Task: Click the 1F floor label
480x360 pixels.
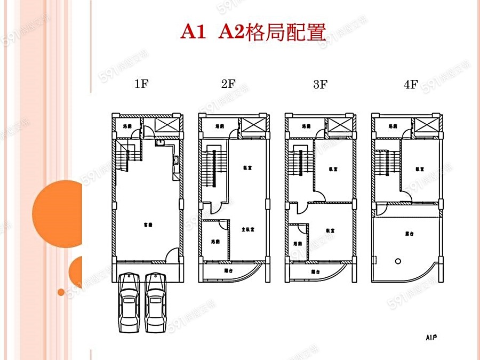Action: pyautogui.click(x=141, y=84)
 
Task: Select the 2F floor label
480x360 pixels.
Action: pyautogui.click(x=228, y=84)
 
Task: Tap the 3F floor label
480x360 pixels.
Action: pyautogui.click(x=320, y=84)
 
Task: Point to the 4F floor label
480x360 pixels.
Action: pyautogui.click(x=411, y=84)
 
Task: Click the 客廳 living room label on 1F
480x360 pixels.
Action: pyautogui.click(x=148, y=225)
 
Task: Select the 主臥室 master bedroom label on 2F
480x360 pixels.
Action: pyautogui.click(x=247, y=230)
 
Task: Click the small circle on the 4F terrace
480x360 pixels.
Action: pyautogui.click(x=397, y=261)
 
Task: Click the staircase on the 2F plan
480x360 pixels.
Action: pyautogui.click(x=213, y=167)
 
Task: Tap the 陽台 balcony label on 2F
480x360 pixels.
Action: pyautogui.click(x=228, y=270)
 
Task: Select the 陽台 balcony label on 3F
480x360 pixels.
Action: pyautogui.click(x=316, y=271)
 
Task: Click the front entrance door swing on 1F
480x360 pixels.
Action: pyautogui.click(x=173, y=255)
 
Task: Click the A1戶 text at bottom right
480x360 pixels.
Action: pyautogui.click(x=431, y=337)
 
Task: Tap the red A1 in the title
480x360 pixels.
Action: pyautogui.click(x=193, y=32)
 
